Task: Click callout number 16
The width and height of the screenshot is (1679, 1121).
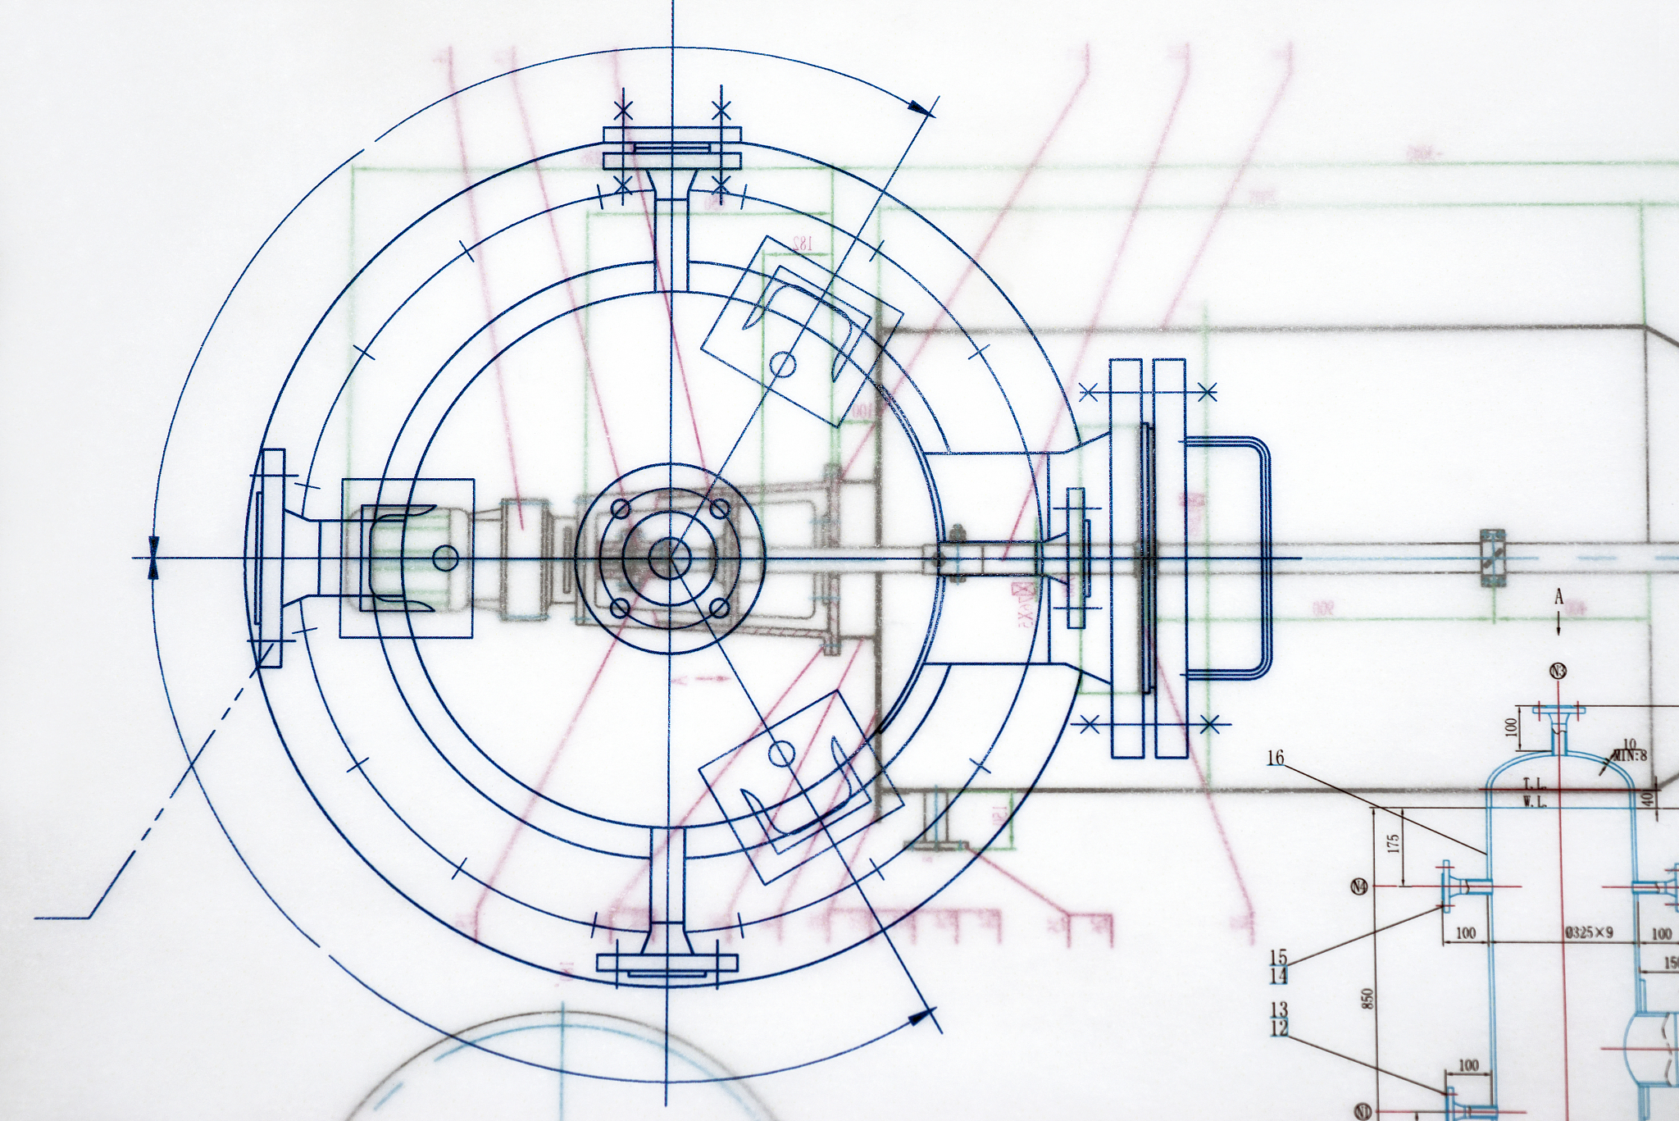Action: pyautogui.click(x=1275, y=758)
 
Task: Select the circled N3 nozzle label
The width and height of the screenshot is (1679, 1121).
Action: pyautogui.click(x=1558, y=672)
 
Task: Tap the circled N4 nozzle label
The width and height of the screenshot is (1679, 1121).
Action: pyautogui.click(x=1358, y=886)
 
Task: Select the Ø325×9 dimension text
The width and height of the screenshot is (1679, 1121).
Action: pyautogui.click(x=1589, y=932)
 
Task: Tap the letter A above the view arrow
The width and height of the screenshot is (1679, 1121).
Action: pyautogui.click(x=1558, y=598)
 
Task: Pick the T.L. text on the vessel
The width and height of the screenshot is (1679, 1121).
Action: pyautogui.click(x=1534, y=785)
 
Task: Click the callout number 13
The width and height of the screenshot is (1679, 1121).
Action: pyautogui.click(x=1279, y=1009)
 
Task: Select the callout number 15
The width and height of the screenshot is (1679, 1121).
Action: pyautogui.click(x=1279, y=956)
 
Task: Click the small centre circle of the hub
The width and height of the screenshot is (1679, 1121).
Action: pyautogui.click(x=670, y=558)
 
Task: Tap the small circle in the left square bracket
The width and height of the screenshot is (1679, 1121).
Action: pyautogui.click(x=445, y=558)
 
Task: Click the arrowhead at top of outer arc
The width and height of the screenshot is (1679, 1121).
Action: pyautogui.click(x=922, y=107)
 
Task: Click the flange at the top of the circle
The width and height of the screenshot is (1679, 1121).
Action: pyautogui.click(x=672, y=148)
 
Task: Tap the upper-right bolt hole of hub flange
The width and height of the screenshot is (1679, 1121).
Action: pyautogui.click(x=719, y=509)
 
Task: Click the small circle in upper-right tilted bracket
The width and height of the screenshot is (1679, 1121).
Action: pyautogui.click(x=784, y=363)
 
